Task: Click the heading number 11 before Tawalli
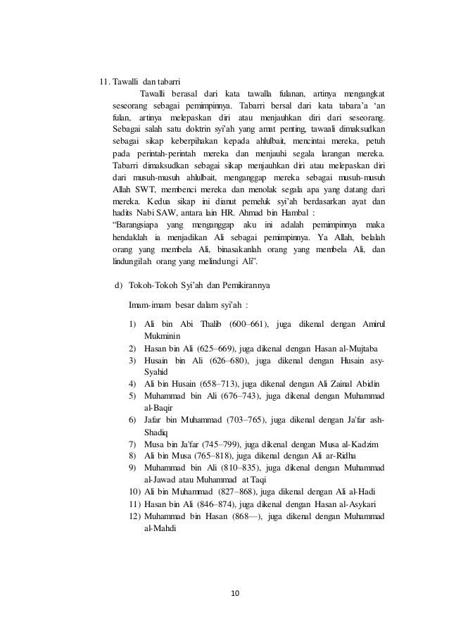[103, 82]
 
